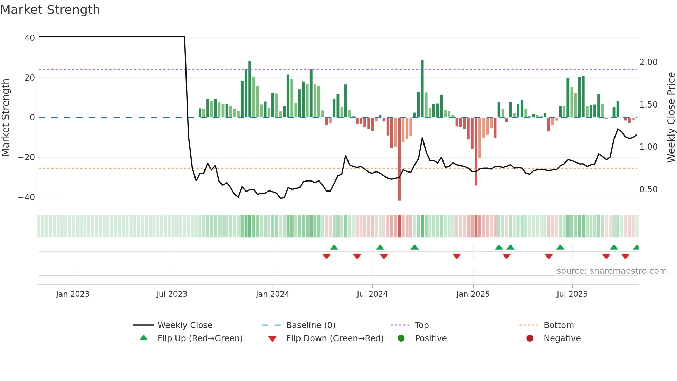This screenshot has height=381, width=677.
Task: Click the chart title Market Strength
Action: tap(50, 10)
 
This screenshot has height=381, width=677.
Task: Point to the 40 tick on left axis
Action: tap(30, 38)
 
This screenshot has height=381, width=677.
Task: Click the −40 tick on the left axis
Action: tap(27, 197)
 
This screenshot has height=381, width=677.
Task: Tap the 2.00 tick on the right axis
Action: tap(648, 62)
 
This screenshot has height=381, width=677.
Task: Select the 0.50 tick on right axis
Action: tap(648, 189)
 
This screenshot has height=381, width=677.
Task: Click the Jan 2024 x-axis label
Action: tap(273, 294)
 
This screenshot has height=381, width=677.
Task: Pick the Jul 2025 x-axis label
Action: tap(572, 294)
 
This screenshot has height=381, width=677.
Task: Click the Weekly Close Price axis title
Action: tap(671, 118)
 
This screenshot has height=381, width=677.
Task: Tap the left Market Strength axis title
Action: tap(6, 118)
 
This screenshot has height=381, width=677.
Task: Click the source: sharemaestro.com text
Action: tap(611, 271)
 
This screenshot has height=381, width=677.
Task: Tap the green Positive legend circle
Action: tap(401, 338)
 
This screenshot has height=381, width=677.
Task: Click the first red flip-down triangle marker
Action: tap(326, 256)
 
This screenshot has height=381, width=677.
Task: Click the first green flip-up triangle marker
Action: tap(334, 247)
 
